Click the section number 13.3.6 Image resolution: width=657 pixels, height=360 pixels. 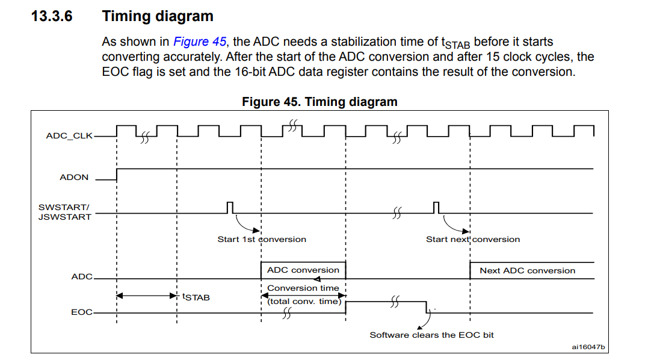tap(52, 16)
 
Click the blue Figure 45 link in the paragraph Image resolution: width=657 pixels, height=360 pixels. tap(200, 42)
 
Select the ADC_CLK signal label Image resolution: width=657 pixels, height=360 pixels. tap(69, 136)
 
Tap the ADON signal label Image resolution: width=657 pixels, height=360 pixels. tap(74, 177)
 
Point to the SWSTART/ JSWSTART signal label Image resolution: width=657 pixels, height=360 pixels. tap(64, 212)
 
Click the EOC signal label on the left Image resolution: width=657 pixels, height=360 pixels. tap(82, 312)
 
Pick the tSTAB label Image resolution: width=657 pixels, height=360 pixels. tap(196, 297)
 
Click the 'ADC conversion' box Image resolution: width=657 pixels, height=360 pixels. tap(303, 270)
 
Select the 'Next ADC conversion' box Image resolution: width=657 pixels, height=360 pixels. tap(532, 270)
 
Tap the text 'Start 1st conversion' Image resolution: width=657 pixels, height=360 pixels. tap(262, 240)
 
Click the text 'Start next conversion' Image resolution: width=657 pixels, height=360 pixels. tap(473, 240)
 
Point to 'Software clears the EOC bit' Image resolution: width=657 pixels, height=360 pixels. tap(431, 335)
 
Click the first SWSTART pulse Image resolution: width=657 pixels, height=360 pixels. tap(230, 208)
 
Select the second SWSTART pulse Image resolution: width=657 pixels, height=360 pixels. tap(436, 208)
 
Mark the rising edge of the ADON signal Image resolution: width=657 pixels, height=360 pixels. tap(117, 175)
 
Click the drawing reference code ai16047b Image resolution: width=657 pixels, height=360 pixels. tap(588, 347)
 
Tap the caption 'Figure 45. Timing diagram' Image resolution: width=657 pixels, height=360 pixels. tap(319, 102)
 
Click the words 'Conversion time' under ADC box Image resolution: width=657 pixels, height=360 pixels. tap(303, 288)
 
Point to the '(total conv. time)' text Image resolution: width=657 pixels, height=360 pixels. tap(304, 302)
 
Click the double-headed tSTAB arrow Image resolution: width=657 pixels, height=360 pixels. tap(147, 296)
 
